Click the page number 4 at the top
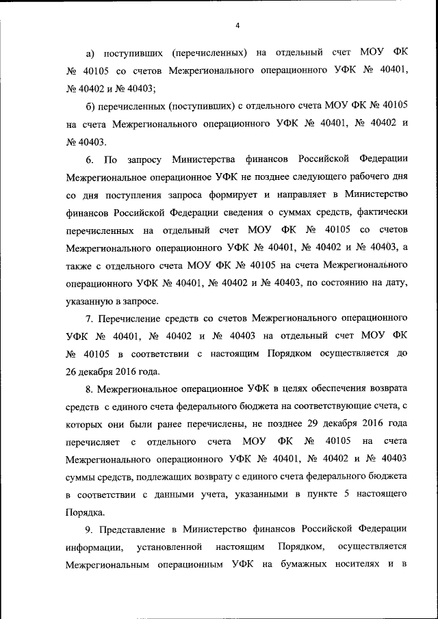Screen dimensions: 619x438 (x=237, y=26)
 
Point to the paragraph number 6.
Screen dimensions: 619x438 (x=89, y=159)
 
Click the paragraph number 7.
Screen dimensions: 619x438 (x=89, y=318)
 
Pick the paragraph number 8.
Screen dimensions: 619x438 (x=89, y=389)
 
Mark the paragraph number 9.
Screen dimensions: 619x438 (x=89, y=529)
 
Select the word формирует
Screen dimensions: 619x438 (x=235, y=195)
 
